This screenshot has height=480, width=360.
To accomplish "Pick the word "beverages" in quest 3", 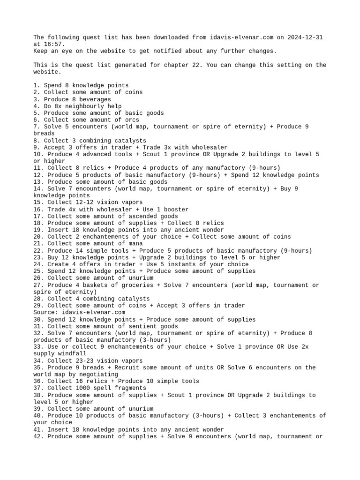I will pos(96,99).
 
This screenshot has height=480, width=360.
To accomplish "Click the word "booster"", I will pos(176,209).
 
